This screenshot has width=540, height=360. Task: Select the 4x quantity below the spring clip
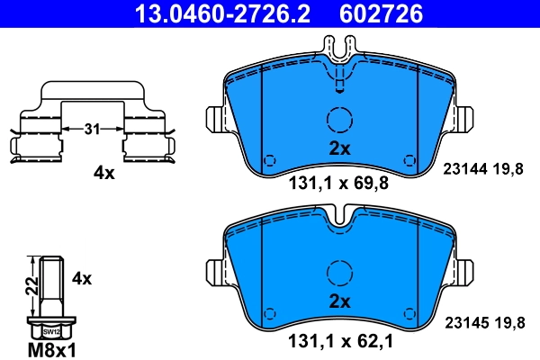click(x=104, y=173)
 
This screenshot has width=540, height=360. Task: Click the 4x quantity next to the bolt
click(x=82, y=278)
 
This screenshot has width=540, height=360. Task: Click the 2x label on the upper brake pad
click(x=338, y=147)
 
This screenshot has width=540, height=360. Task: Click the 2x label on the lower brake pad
click(x=338, y=300)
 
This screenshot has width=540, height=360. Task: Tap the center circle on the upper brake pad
click(x=339, y=119)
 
